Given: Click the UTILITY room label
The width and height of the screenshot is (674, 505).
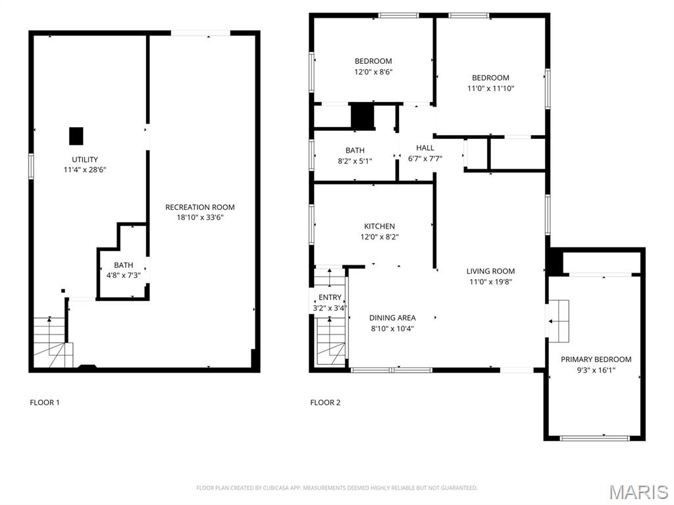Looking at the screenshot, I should click(85, 159).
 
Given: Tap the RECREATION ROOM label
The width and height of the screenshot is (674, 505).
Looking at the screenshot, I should click(199, 207).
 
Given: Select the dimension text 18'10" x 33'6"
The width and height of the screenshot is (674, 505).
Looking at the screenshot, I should click(199, 217).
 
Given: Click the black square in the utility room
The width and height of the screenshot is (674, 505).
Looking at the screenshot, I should click(76, 136).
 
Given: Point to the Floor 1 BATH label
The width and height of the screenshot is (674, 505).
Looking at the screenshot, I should click(123, 265).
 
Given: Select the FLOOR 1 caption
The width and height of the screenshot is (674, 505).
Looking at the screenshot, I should click(45, 402).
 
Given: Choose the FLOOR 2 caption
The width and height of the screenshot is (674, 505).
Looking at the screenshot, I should click(325, 402).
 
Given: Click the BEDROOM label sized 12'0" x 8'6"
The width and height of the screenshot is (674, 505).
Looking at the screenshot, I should click(373, 62).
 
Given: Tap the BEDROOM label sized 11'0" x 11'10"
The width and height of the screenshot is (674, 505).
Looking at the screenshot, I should click(490, 78).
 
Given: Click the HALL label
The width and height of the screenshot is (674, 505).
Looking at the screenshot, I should click(425, 148).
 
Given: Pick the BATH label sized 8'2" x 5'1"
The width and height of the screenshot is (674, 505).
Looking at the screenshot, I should click(355, 151).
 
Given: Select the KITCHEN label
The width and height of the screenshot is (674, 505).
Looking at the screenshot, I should click(380, 226).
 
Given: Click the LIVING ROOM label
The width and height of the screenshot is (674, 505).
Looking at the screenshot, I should click(490, 271).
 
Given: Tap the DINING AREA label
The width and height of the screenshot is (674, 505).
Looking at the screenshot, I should click(392, 318).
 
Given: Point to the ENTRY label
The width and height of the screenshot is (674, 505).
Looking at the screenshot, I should click(330, 298).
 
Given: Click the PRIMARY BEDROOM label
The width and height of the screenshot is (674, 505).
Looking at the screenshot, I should click(596, 359).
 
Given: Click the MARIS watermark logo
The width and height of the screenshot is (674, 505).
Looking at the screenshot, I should click(638, 492).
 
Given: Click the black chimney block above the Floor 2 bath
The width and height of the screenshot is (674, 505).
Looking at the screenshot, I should click(361, 117).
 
